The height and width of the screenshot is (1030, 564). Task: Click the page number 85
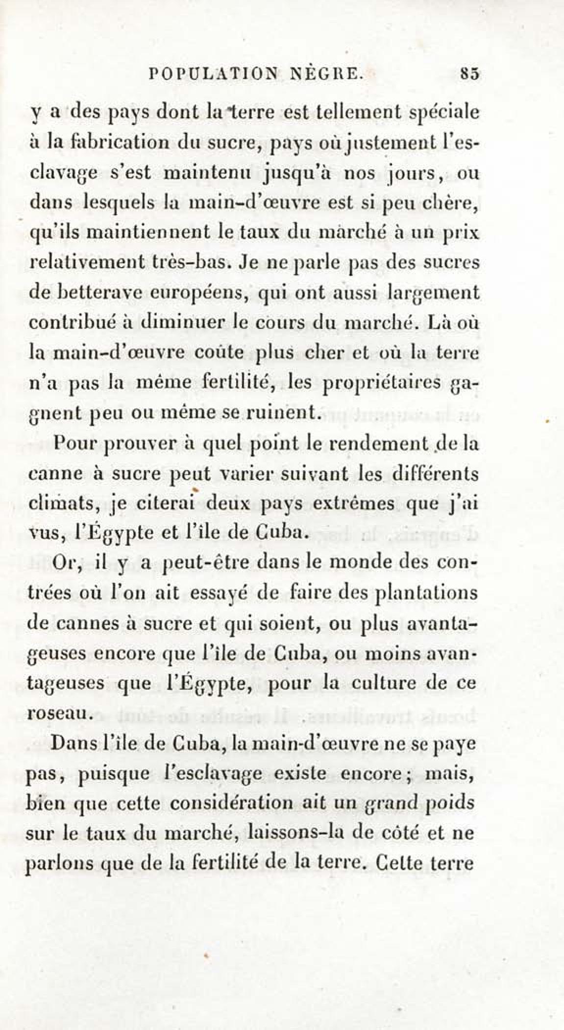[469, 75]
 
